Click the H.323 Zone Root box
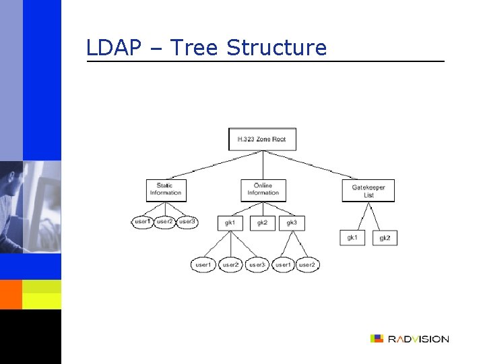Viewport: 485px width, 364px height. point(262,140)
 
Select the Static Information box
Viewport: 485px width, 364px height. point(166,190)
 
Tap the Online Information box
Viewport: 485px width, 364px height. point(263,190)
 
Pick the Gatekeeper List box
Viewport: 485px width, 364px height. point(368,191)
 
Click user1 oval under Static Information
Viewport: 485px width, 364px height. point(143,222)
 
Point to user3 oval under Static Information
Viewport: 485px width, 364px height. point(187,222)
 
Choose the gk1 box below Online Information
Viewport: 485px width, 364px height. point(230,222)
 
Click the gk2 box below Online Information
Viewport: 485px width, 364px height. point(263,222)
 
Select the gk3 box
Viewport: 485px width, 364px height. point(292,222)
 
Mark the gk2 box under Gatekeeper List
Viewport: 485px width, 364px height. point(385,238)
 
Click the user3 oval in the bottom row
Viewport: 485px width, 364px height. point(257,266)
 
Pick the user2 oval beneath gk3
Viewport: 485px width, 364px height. point(306,266)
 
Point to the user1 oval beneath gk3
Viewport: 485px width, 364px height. point(284,266)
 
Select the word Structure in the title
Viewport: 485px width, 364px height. point(276,48)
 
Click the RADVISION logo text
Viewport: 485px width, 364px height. point(418,339)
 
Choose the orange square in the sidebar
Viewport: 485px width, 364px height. point(11,294)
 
